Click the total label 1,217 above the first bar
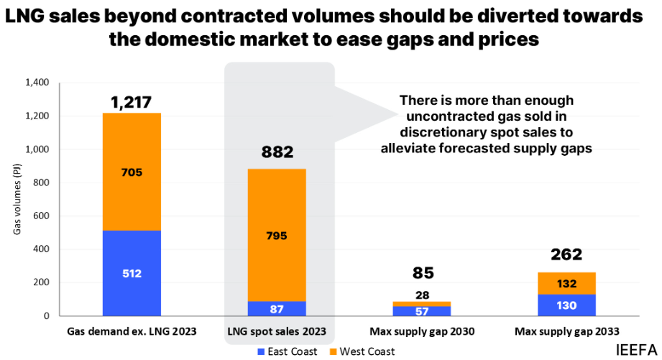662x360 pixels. coord(132,103)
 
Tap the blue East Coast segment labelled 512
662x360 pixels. coord(132,273)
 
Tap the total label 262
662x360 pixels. coord(566,254)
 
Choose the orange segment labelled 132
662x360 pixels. coord(566,283)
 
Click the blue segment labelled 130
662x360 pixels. coord(566,305)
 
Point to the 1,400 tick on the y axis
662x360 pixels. coord(37,83)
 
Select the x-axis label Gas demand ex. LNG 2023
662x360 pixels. coord(131,331)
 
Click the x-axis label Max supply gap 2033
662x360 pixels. coord(566,331)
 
